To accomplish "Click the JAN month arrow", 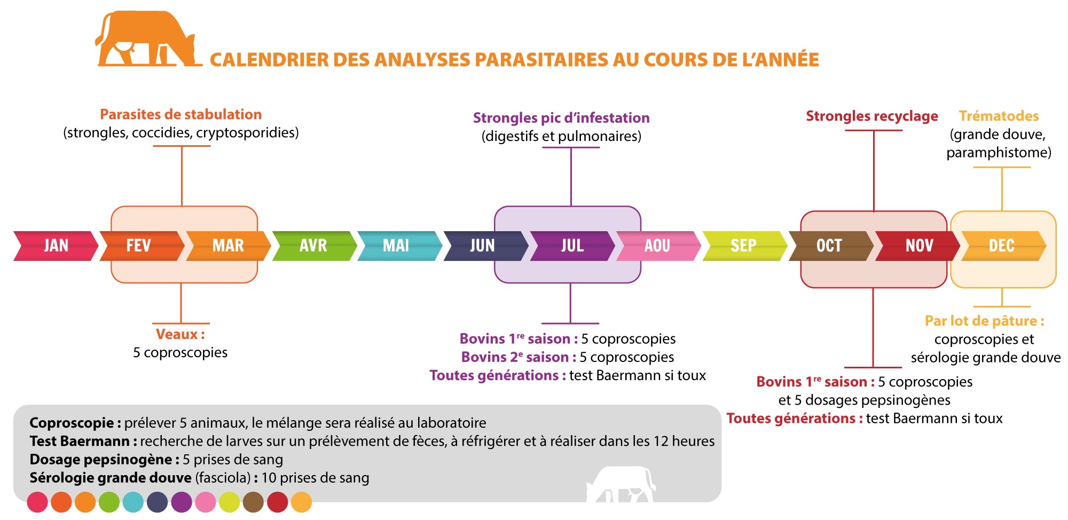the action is click(x=56, y=246).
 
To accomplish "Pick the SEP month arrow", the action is click(x=745, y=246).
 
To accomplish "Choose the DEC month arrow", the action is click(x=1003, y=246).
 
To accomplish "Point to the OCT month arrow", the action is click(x=831, y=246).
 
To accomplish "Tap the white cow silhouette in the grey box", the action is click(x=621, y=484).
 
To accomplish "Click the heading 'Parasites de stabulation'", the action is click(x=181, y=114).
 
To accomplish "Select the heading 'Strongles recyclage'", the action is click(x=872, y=116).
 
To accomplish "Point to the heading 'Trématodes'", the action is click(x=999, y=116).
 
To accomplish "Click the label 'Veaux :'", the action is click(x=180, y=334).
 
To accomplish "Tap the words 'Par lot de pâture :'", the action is click(x=985, y=321).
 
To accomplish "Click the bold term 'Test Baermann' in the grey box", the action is click(x=80, y=441).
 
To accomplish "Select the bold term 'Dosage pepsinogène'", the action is click(x=101, y=460).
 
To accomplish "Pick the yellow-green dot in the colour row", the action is click(x=230, y=502).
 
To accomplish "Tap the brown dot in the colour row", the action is click(x=254, y=502).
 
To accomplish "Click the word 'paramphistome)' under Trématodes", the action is click(x=999, y=153).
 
